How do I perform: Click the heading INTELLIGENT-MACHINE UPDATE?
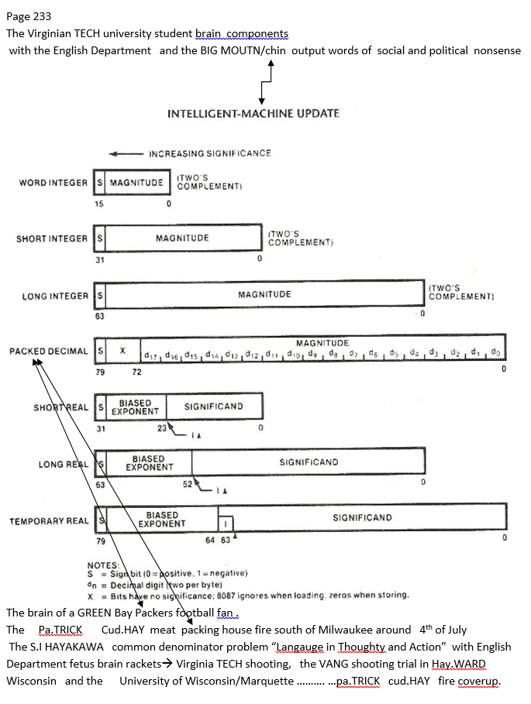(x=253, y=114)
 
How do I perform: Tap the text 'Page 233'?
(x=29, y=15)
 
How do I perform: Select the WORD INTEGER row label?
(x=53, y=183)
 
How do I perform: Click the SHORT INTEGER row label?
(x=52, y=239)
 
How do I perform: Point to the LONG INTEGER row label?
(x=55, y=295)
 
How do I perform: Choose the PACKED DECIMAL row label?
(x=49, y=351)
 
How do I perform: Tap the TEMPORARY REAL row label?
(x=49, y=521)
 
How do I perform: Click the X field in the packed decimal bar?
(x=122, y=351)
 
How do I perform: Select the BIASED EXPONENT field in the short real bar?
(x=135, y=407)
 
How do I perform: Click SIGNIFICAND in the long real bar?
(x=309, y=462)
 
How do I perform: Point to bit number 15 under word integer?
(x=98, y=204)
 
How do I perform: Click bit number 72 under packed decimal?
(x=136, y=373)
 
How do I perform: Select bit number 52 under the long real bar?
(x=187, y=484)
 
